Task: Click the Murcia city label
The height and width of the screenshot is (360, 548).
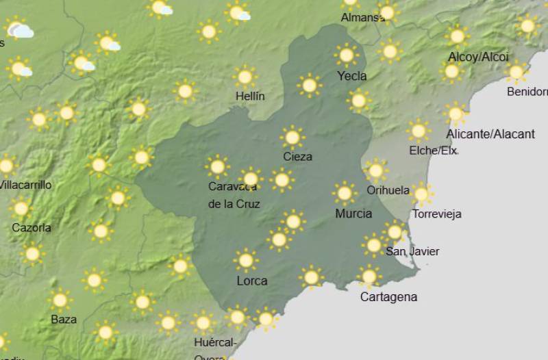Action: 353,214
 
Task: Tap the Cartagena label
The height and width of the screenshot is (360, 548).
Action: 388,297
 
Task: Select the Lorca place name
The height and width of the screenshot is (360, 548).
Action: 251,281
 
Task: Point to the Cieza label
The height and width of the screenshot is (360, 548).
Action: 297,157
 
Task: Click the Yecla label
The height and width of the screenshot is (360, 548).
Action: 351,76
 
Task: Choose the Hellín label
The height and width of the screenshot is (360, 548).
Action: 249,97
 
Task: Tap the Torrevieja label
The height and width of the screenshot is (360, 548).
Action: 436,214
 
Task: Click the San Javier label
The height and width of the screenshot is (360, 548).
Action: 412,251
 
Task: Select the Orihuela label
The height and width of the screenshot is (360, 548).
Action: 388,190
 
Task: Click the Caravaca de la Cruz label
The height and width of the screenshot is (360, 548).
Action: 234,194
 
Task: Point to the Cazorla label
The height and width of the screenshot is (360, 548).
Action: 32,227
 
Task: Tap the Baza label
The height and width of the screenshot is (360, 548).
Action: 64,319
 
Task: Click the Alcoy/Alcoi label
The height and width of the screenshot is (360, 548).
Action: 478,57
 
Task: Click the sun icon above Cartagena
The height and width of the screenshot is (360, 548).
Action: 369,277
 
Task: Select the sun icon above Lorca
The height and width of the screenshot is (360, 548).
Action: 245,260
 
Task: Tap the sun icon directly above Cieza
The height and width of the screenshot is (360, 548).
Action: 292,138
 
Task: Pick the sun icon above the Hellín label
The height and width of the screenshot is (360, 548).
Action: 245,76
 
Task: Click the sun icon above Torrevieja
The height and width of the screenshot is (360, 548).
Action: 421,194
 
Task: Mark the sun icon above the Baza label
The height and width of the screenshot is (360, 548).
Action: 60,299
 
